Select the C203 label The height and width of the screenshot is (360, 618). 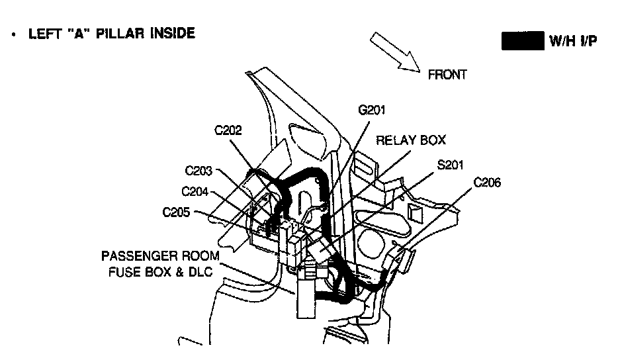click(x=199, y=171)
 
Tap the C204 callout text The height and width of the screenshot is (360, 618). click(x=195, y=192)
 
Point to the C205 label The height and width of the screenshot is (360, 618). click(x=176, y=212)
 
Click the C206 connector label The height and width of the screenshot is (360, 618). click(x=488, y=183)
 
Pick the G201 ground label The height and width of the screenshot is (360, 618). click(x=371, y=110)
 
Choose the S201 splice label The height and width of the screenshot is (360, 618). click(x=451, y=164)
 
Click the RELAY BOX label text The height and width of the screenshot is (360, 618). click(x=411, y=140)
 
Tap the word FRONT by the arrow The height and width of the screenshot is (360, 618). click(x=447, y=75)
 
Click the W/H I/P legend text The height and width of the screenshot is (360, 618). click(x=574, y=41)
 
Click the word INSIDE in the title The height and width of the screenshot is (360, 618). click(x=173, y=33)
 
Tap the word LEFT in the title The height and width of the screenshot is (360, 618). click(x=42, y=33)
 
